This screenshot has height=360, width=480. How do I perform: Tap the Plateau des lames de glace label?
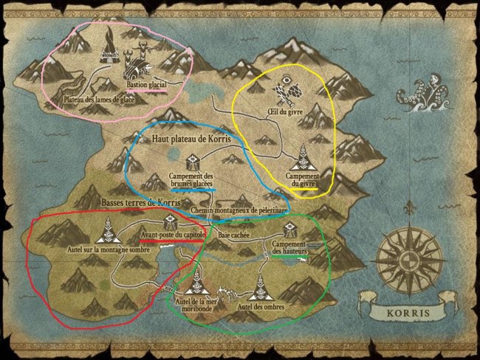click(93, 100)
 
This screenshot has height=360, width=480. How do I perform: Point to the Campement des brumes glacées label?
click(191, 181)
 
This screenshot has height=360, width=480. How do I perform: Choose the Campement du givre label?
click(304, 181)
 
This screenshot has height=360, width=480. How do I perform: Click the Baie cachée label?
click(234, 235)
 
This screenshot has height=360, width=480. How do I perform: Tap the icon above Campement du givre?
click(303, 159)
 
